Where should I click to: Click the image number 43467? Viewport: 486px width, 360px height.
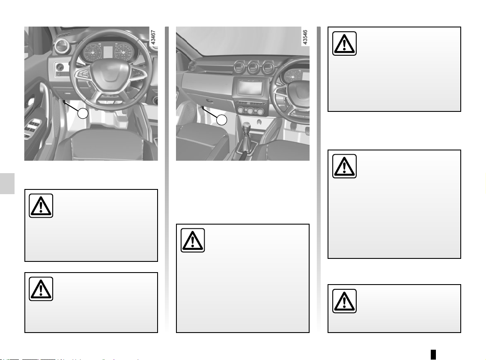pyautogui.click(x=153, y=38)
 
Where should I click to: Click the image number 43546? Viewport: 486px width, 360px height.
pyautogui.click(x=305, y=38)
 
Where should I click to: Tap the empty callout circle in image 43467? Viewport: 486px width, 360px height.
pyautogui.click(x=83, y=113)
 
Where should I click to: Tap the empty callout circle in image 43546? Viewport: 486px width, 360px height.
pyautogui.click(x=222, y=120)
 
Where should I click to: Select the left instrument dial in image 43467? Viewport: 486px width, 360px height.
pyautogui.click(x=92, y=53)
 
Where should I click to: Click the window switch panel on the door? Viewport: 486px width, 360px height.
pyautogui.click(x=32, y=128)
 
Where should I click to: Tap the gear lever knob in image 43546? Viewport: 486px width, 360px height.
pyautogui.click(x=246, y=127)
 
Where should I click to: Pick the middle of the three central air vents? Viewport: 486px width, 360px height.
pyautogui.click(x=253, y=67)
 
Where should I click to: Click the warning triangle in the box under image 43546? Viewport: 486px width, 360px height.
pyautogui.click(x=193, y=240)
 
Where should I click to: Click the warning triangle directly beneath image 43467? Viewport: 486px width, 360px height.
pyautogui.click(x=41, y=206)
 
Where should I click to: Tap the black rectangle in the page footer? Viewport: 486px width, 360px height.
pyautogui.click(x=433, y=354)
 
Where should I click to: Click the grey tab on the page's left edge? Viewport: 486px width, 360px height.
pyautogui.click(x=7, y=184)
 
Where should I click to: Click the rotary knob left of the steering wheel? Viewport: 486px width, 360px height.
pyautogui.click(x=60, y=67)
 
